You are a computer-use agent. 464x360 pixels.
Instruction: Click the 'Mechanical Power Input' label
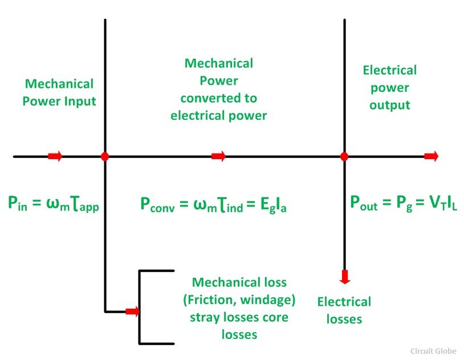[x=59, y=92]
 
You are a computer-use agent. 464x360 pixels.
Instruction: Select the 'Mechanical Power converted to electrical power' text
[x=219, y=89]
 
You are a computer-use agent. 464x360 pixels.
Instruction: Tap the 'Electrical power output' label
[x=390, y=87]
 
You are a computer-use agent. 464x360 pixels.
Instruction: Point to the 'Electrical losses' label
[x=344, y=310]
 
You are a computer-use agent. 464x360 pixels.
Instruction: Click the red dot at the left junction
[x=105, y=156]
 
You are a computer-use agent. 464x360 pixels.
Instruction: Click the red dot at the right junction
[x=344, y=156]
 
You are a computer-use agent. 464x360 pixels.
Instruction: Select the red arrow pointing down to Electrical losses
[x=344, y=277]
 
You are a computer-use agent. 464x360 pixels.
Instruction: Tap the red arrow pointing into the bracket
[x=132, y=312]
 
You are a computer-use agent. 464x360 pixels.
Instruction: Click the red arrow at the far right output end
[x=431, y=156]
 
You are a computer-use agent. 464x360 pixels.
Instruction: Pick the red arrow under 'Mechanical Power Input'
[x=55, y=156]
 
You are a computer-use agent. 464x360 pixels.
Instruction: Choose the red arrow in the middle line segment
[x=218, y=156]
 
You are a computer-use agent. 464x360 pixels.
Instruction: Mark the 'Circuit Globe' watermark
[x=433, y=351]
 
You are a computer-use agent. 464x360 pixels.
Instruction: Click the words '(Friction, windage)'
[x=239, y=300]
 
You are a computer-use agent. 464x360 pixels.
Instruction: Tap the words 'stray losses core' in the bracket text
[x=239, y=317]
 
